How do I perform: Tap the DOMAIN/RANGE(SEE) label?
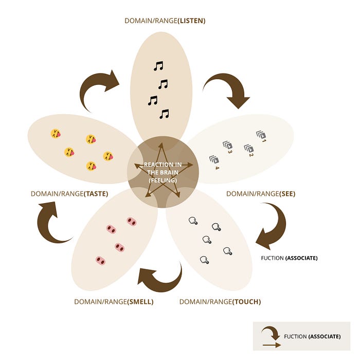(261, 194)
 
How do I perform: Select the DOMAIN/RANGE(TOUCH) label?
(220, 302)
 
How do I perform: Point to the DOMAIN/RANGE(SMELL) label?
(114, 302)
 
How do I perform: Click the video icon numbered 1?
(260, 135)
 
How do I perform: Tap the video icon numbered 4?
(213, 160)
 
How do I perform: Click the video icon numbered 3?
(226, 145)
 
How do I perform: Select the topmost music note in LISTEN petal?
(158, 66)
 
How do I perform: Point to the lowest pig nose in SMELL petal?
(100, 260)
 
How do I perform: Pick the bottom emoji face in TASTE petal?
(91, 166)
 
